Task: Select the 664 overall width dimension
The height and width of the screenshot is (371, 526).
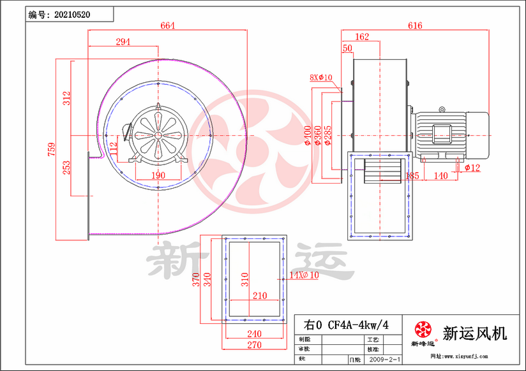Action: click(x=168, y=25)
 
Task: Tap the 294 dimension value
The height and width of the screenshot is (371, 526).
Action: click(x=123, y=42)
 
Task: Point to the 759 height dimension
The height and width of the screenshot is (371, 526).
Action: click(x=52, y=149)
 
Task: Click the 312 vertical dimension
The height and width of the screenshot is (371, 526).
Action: click(x=66, y=98)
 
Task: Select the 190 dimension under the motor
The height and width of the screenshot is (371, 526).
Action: click(x=158, y=175)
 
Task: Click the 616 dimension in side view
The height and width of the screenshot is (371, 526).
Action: click(x=415, y=25)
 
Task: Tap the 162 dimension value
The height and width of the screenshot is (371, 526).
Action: click(x=361, y=37)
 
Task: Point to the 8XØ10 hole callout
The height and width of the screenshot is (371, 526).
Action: click(x=321, y=78)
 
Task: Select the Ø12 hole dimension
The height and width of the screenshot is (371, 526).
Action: click(x=472, y=168)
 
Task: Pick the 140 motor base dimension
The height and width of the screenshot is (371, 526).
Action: click(x=441, y=175)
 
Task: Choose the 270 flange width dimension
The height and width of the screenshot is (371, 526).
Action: click(x=254, y=345)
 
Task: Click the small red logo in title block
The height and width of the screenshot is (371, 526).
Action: click(x=423, y=330)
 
